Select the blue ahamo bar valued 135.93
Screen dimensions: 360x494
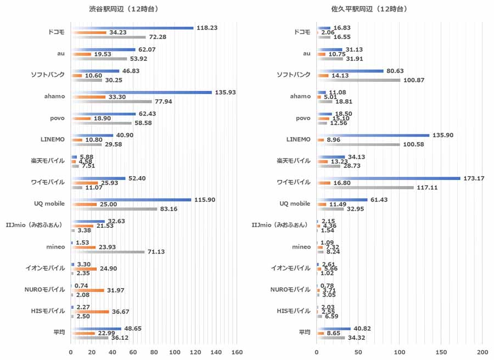pyautogui.click(x=141, y=92)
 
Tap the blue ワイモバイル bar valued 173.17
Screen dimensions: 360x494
pyautogui.click(x=388, y=178)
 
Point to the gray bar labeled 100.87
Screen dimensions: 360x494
pyautogui.click(x=358, y=80)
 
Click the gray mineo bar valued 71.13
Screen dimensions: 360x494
pyautogui.click(x=107, y=252)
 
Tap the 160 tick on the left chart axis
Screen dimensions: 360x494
pyautogui.click(x=237, y=351)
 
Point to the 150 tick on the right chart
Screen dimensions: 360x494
pyautogui.click(x=441, y=351)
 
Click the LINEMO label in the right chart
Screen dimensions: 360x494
pyautogui.click(x=298, y=139)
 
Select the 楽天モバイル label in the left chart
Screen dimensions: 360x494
pyautogui.click(x=48, y=160)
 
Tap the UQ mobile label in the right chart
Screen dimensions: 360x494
pyautogui.click(x=295, y=204)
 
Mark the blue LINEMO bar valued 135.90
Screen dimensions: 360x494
pyautogui.click(x=373, y=135)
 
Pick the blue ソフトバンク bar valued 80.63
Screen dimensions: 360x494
pyautogui.click(x=350, y=71)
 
